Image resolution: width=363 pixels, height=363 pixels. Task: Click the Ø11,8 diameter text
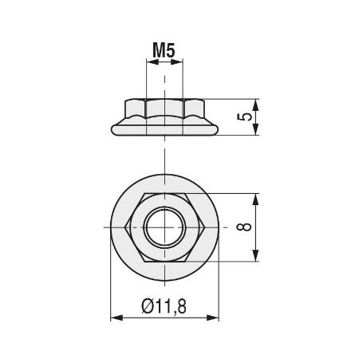point(164,306)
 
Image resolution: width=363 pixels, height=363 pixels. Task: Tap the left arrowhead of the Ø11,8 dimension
point(114,318)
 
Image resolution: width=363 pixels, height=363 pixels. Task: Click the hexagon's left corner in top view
point(128,227)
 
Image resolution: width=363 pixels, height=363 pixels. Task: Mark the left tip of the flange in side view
point(109,129)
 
